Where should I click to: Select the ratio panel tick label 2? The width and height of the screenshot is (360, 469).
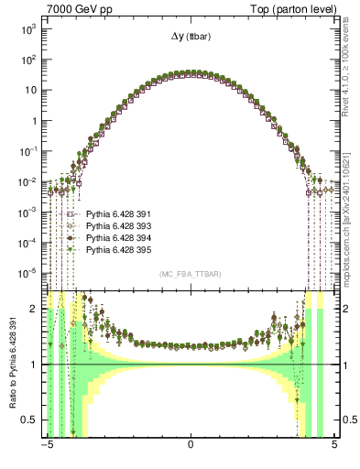point(34,310)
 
